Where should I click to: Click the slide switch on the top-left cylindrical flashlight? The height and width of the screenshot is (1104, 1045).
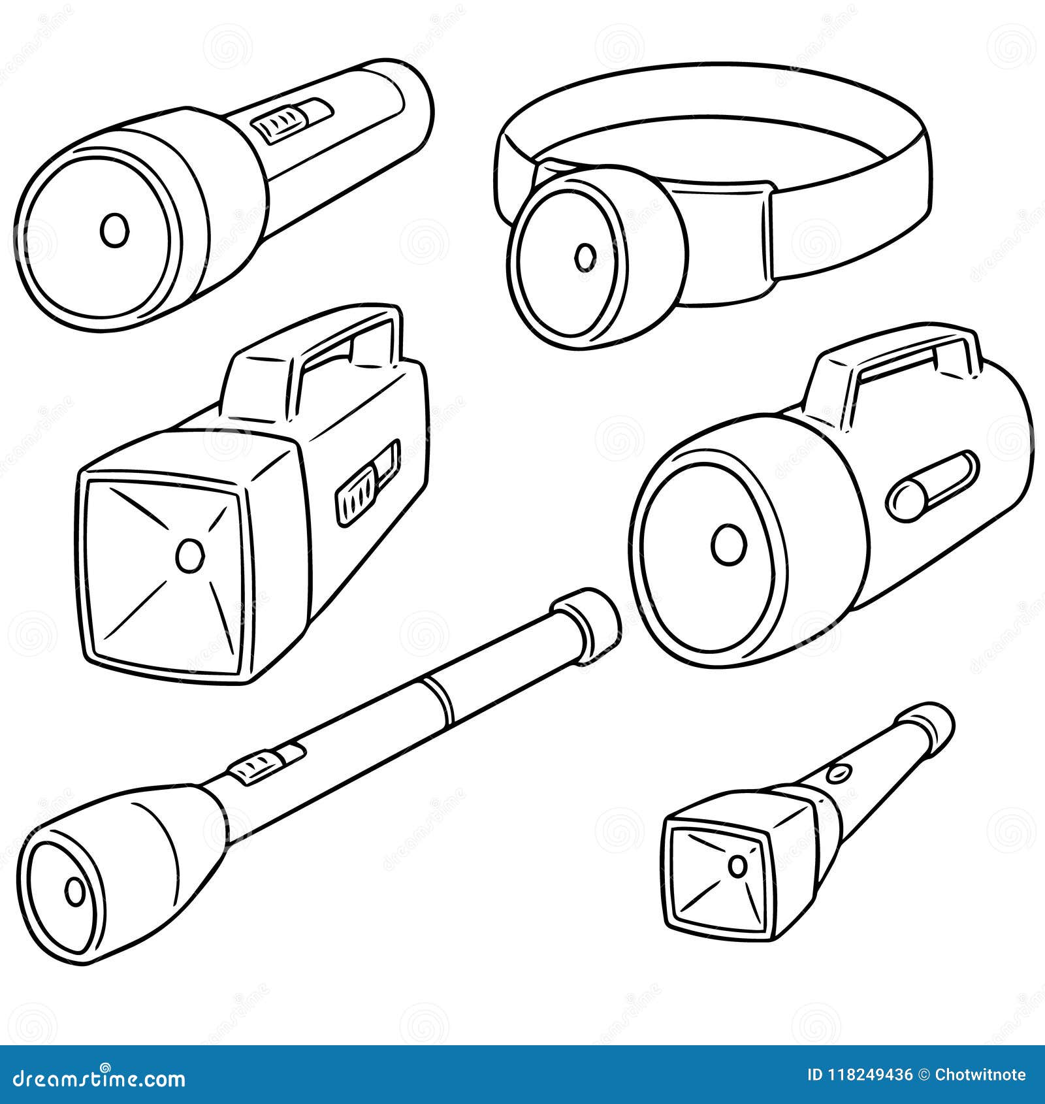click(292, 120)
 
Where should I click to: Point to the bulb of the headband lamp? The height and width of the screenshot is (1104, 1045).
click(585, 257)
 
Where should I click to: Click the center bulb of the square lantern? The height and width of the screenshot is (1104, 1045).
click(190, 555)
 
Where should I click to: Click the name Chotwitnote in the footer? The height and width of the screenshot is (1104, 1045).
click(980, 1075)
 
